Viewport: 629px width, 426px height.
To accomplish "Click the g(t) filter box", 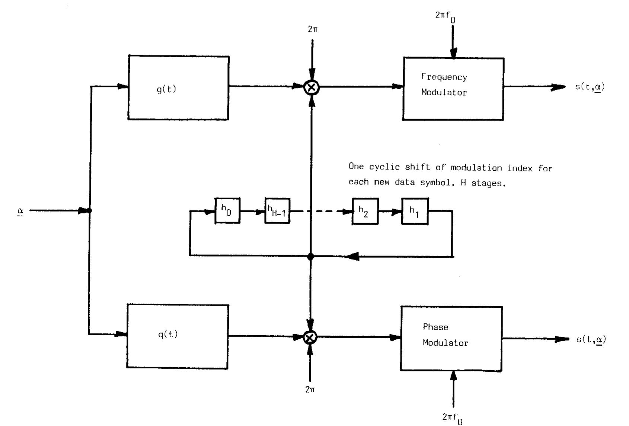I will click(x=178, y=88).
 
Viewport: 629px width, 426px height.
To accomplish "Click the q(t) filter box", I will click(x=178, y=336).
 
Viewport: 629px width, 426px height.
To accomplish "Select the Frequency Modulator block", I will click(x=454, y=89).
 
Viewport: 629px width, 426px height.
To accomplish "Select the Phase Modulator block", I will click(x=451, y=338).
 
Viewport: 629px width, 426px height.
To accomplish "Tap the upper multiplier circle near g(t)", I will click(x=311, y=87).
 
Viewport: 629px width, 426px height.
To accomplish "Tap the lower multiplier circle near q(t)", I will click(x=310, y=337).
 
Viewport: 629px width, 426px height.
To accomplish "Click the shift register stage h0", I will click(x=227, y=210).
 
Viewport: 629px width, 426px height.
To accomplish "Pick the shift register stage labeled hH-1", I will click(x=277, y=211).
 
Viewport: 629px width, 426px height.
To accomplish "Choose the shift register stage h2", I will click(x=365, y=211).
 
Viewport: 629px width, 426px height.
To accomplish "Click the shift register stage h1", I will click(x=415, y=211).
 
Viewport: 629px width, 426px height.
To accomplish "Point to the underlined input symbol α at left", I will click(x=20, y=211).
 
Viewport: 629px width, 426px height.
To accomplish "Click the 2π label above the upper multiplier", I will click(x=313, y=29).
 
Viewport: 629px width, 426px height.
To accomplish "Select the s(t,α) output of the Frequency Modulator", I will click(x=590, y=87).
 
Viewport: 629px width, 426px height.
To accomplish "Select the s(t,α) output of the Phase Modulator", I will click(x=591, y=339).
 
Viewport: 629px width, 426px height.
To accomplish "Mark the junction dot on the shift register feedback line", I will click(x=311, y=256).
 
